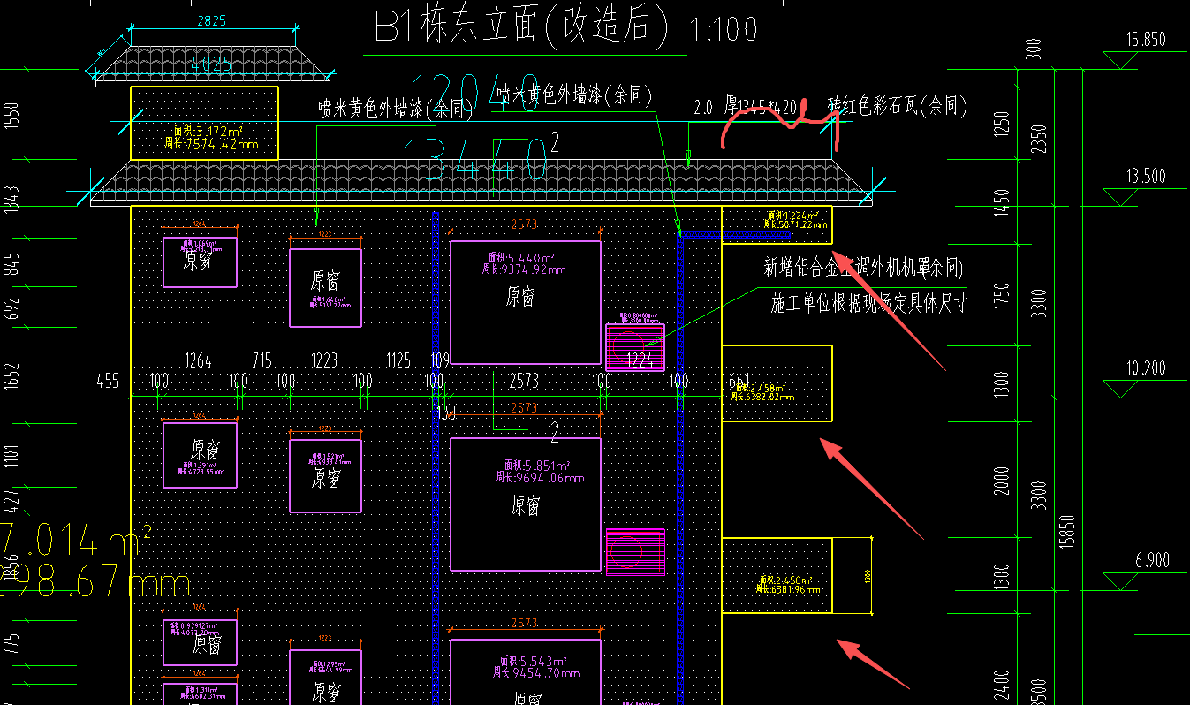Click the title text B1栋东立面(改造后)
tap(522, 27)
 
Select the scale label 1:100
tap(724, 30)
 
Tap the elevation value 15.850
tap(1147, 40)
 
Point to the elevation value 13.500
tap(1146, 177)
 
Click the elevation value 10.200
tap(1146, 368)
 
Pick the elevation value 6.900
tap(1146, 561)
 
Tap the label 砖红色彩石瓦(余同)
tap(897, 107)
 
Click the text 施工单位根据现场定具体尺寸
tap(868, 305)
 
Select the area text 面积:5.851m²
tap(538, 466)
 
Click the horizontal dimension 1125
tap(398, 360)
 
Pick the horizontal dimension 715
tap(262, 360)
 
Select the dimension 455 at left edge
tap(108, 382)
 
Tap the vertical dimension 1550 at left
tap(11, 117)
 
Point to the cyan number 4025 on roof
tap(212, 64)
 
